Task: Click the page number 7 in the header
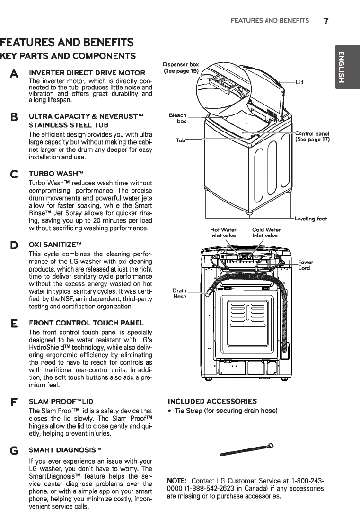(x=326, y=21)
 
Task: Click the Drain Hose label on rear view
(x=179, y=293)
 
